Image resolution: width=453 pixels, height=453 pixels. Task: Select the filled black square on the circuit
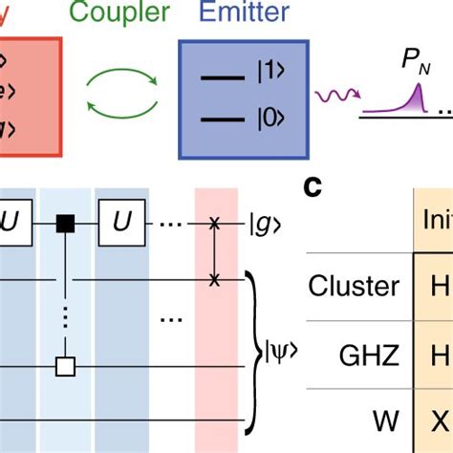click(65, 224)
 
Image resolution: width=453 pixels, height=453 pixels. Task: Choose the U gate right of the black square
click(129, 224)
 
